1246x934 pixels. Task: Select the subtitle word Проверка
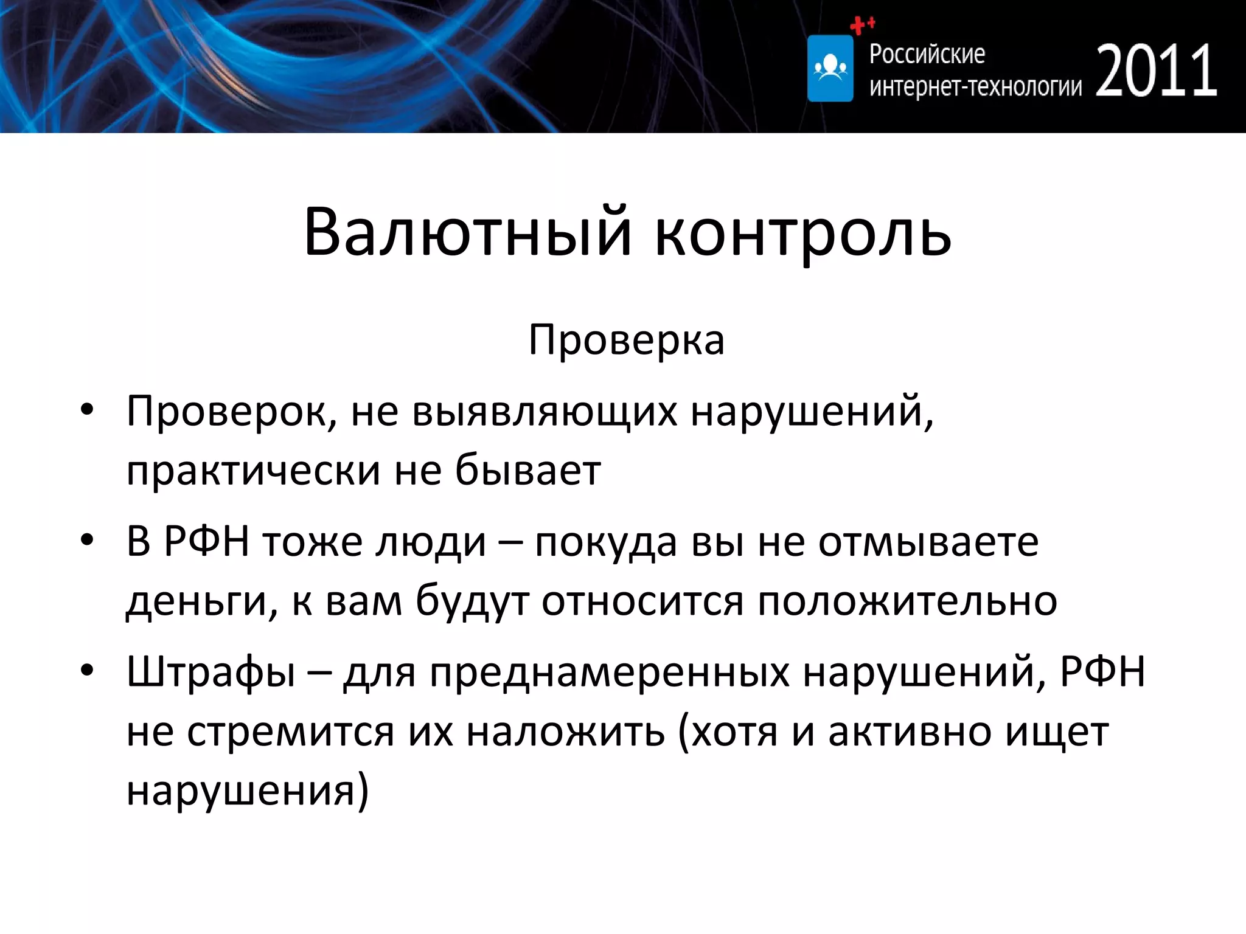[x=626, y=340]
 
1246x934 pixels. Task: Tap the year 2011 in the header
[x=1156, y=72]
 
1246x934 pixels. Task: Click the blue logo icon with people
[x=830, y=68]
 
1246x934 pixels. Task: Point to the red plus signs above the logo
[x=861, y=25]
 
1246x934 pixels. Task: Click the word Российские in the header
[x=927, y=54]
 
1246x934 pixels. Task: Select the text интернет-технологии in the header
[x=975, y=87]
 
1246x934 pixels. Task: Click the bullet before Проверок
[x=87, y=410]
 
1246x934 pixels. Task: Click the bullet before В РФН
[x=87, y=539]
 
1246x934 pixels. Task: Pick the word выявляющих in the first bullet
[x=545, y=412]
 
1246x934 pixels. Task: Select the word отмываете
[x=928, y=542]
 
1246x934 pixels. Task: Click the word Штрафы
[x=211, y=673]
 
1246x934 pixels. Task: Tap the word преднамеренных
[x=609, y=673]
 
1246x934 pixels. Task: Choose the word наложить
[x=565, y=732]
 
